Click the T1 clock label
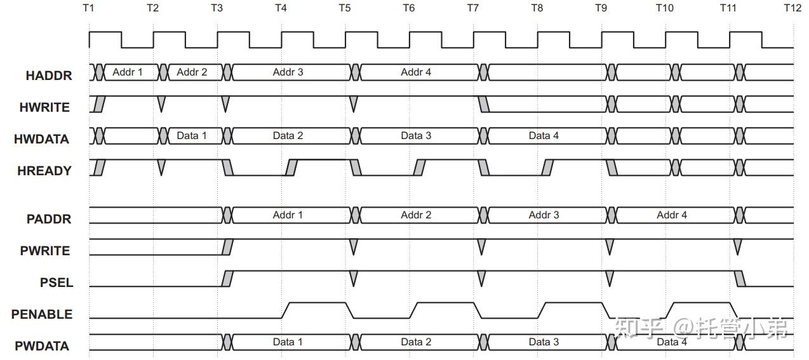pos(88,8)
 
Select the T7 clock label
pos(472,8)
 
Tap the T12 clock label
pos(792,8)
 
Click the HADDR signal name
pos(49,76)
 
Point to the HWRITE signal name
pos(44,107)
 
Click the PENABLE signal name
pos(42,314)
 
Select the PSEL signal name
pos(57,283)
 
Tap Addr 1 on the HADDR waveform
pos(128,72)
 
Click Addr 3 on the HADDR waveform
pos(288,72)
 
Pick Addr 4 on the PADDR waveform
pos(672,215)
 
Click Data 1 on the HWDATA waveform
pos(192,136)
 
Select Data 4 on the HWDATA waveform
pos(544,136)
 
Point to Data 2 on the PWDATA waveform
pos(416,342)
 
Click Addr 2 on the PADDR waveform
pos(416,215)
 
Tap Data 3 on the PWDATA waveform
pos(544,342)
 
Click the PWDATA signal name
pos(43,347)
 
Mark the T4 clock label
pos(281,8)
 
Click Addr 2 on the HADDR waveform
pos(192,72)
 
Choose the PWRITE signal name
pos(45,251)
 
